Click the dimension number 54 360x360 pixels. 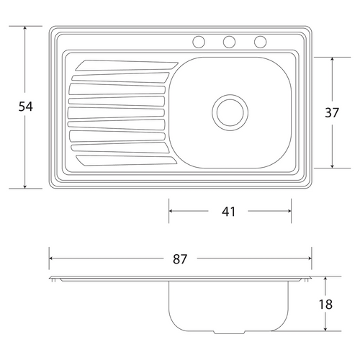click(x=25, y=107)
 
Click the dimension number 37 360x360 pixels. click(x=332, y=112)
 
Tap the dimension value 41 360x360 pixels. click(x=228, y=212)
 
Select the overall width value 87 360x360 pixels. click(x=180, y=259)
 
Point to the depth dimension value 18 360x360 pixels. click(x=325, y=305)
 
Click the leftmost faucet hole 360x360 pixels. click(x=199, y=42)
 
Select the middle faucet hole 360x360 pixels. click(x=229, y=42)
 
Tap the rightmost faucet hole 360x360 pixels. click(x=261, y=42)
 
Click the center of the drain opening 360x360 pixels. click(x=230, y=112)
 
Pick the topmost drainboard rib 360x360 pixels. click(x=127, y=66)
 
